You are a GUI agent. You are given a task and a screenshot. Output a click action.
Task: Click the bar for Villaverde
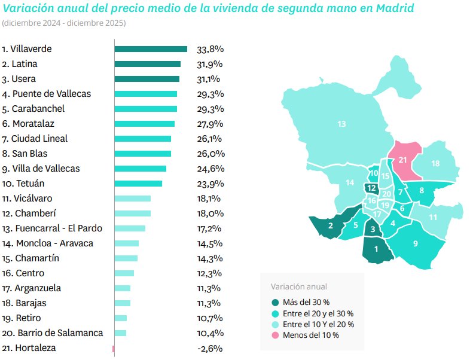[151, 49]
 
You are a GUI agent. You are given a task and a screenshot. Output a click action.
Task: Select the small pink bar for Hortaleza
[113, 348]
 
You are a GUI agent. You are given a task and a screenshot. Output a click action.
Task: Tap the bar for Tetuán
[138, 184]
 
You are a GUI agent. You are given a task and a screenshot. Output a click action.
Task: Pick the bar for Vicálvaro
[132, 199]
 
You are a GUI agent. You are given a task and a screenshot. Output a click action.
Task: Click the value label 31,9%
[209, 64]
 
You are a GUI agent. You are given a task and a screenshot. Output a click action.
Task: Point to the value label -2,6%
[209, 348]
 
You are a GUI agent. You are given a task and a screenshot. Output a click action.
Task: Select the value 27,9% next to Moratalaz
[209, 124]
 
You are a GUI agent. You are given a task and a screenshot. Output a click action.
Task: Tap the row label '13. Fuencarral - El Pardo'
[52, 228]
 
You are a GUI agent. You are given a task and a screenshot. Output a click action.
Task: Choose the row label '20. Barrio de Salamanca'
[52, 333]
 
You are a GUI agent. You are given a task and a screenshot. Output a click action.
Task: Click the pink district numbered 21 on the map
[402, 160]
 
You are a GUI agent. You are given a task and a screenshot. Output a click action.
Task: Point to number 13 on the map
[341, 124]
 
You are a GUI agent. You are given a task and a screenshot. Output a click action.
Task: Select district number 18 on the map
[435, 164]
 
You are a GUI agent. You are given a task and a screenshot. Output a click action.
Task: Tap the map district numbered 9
[415, 243]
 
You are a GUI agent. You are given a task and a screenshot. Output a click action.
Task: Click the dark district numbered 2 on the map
[331, 225]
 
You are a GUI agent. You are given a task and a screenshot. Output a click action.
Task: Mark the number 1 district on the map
[376, 249]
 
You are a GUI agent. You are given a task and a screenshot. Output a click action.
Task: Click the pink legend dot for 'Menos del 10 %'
[275, 335]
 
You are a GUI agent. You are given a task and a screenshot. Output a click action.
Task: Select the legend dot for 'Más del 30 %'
[275, 303]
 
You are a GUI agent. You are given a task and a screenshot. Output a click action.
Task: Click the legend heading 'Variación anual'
[298, 287]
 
